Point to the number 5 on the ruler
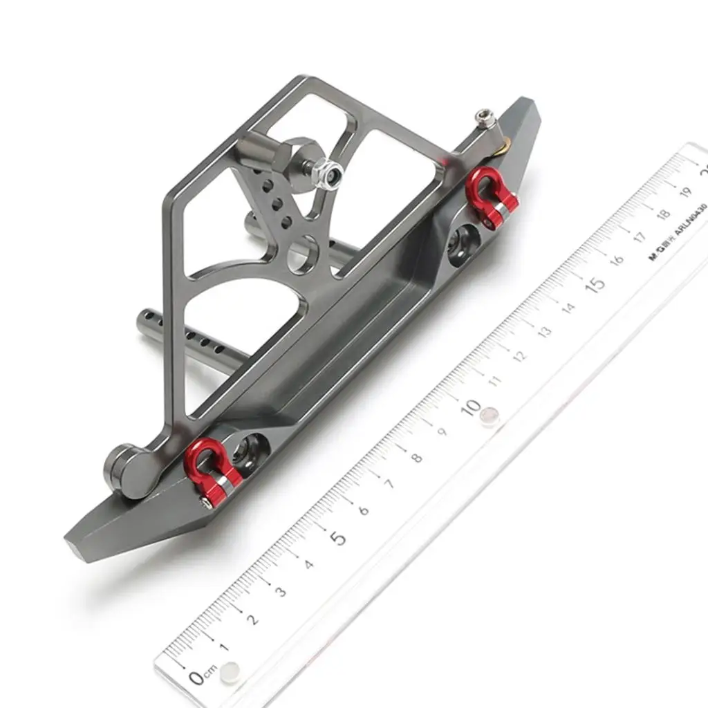pos(337,537)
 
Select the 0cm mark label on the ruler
pos(203,676)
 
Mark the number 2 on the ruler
pos(253,618)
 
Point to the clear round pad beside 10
pos(490,416)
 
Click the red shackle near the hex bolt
pos(492,196)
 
